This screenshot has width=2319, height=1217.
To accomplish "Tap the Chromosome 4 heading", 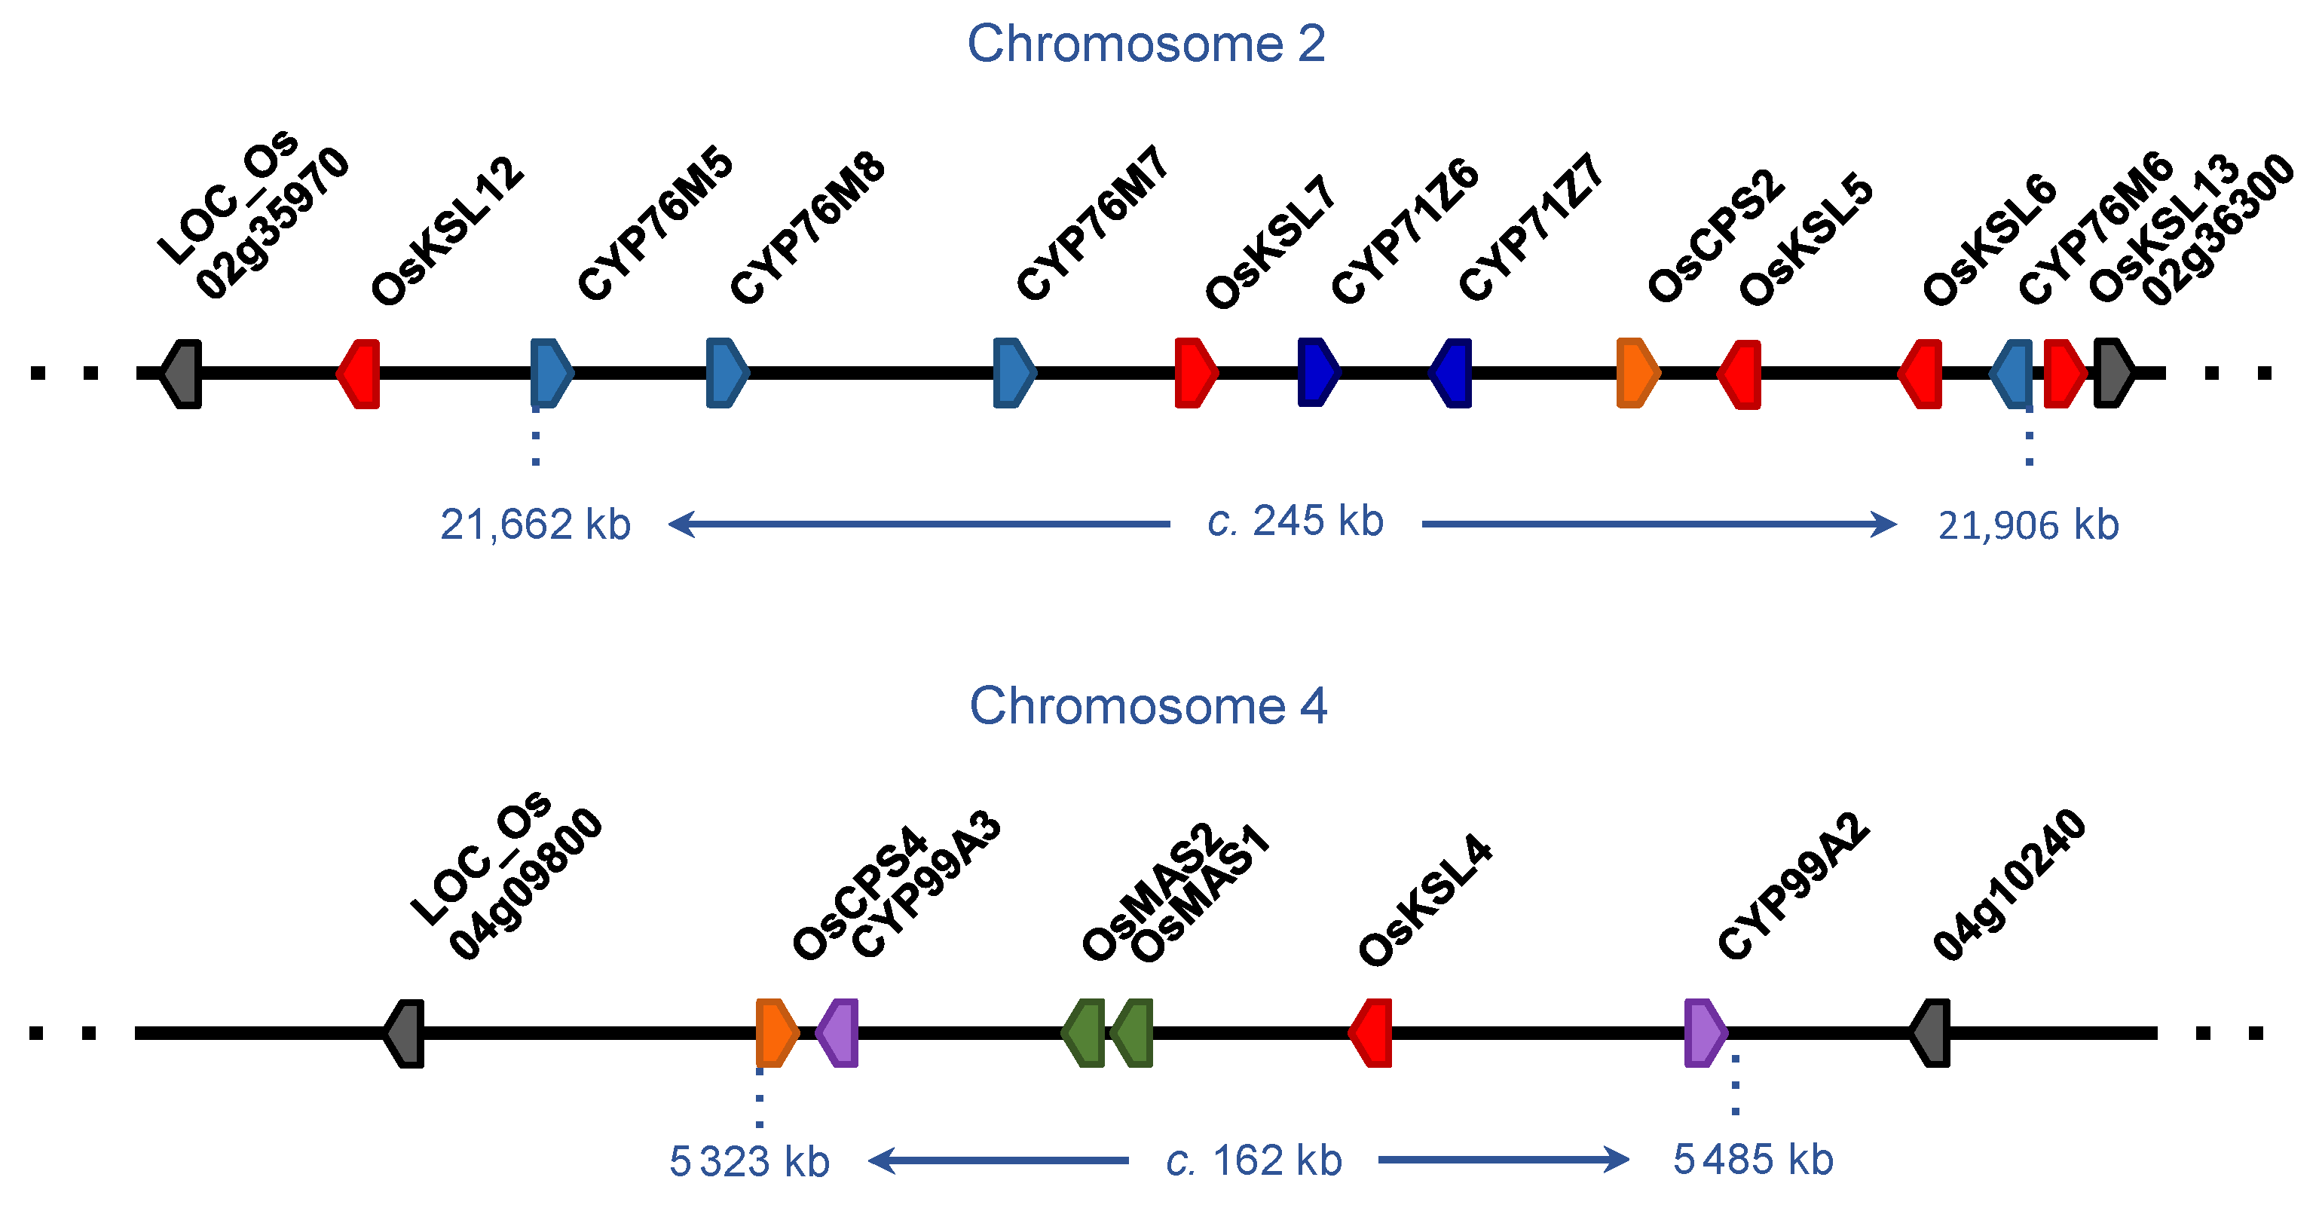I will click(x=1148, y=706).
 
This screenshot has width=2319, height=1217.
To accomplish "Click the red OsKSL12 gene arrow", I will click(x=359, y=374).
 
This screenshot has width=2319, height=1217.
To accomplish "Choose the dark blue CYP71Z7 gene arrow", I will click(x=1452, y=373).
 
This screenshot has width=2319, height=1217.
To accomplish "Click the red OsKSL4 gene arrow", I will click(x=1371, y=1032).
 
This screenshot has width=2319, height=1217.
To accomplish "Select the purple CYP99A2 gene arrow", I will click(x=1704, y=1032).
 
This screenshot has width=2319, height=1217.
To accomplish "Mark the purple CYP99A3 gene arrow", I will click(x=838, y=1032).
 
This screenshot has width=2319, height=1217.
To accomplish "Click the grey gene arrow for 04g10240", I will click(x=1931, y=1032).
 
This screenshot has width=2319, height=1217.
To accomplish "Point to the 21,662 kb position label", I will click(x=535, y=524).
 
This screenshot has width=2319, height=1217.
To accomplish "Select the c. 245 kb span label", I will click(x=1295, y=521).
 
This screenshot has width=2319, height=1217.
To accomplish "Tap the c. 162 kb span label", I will click(x=1253, y=1161).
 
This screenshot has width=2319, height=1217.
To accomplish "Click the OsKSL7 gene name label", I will click(x=1270, y=243).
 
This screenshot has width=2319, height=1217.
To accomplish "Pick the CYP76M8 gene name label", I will click(x=807, y=230).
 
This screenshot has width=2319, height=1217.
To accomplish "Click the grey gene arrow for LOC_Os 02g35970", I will click(x=182, y=374).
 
